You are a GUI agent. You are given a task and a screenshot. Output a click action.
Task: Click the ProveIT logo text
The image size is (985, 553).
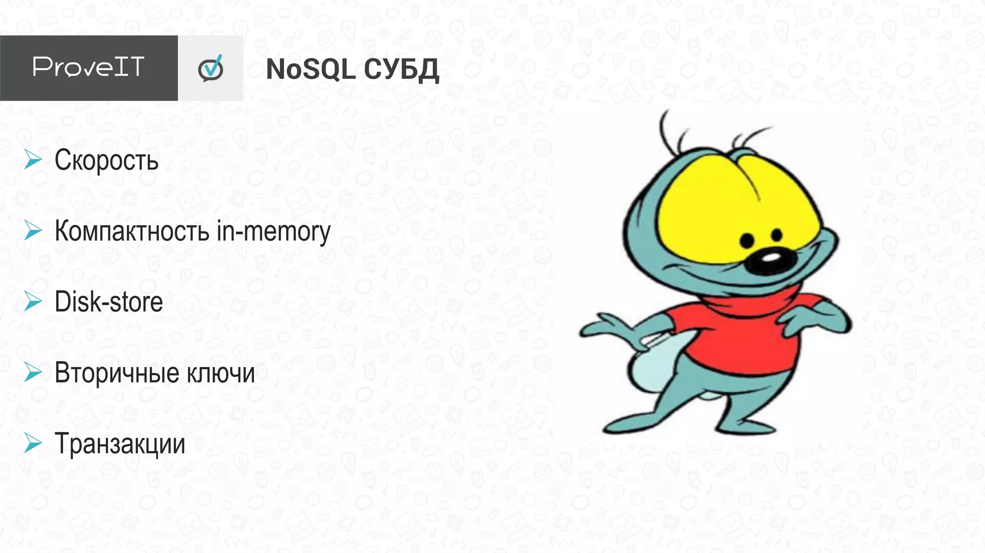click(x=88, y=67)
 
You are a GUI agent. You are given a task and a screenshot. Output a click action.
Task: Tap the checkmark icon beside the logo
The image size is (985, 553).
click(x=211, y=68)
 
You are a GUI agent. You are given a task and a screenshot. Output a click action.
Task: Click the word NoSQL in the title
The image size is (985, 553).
click(x=310, y=69)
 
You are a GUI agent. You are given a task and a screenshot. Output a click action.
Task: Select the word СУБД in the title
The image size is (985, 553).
click(x=401, y=70)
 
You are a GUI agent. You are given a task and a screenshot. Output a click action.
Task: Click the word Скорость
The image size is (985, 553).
click(x=106, y=160)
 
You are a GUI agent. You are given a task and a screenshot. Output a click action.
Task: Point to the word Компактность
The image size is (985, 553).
click(x=132, y=231)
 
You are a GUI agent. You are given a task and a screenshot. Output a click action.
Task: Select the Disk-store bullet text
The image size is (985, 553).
click(x=109, y=302)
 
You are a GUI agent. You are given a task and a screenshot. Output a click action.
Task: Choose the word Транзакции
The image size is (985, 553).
click(x=120, y=443)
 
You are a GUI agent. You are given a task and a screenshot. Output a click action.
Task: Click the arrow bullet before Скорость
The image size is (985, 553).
click(x=33, y=160)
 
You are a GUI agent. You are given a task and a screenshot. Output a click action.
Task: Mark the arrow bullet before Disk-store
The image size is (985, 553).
click(x=33, y=301)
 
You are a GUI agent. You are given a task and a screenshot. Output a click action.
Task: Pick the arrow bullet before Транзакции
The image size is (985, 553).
click(x=33, y=443)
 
